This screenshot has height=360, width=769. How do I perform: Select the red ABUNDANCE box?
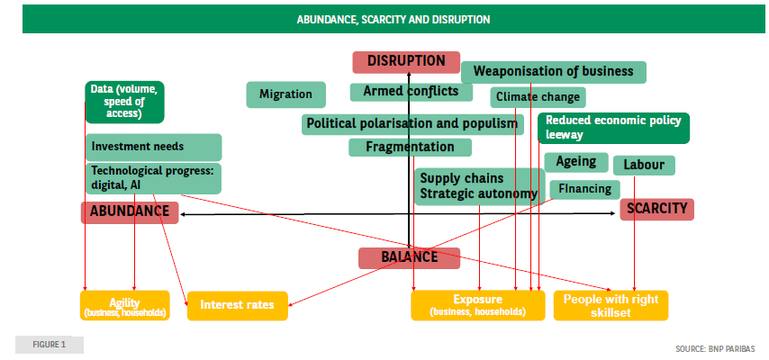130,212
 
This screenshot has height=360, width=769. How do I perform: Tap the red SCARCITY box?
656,209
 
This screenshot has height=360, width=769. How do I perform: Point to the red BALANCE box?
409,257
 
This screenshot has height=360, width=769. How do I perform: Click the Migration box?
285,94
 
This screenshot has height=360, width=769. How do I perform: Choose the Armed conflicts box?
412,92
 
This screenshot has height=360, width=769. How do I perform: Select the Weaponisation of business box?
554,72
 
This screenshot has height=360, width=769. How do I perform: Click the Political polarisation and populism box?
412,123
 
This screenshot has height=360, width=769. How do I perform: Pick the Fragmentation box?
410,147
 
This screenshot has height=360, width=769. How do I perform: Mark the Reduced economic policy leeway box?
612,128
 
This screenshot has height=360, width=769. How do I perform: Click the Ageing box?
575,162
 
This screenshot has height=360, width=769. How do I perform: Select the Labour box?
644,165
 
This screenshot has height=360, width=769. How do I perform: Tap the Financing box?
584,189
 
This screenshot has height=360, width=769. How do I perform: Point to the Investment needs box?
153,147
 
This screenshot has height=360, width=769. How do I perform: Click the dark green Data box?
125,102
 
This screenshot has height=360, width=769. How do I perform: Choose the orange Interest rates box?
237,305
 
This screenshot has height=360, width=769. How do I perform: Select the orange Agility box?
124,305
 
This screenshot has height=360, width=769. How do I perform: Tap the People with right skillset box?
611,305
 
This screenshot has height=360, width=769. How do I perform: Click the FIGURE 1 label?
50,345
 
